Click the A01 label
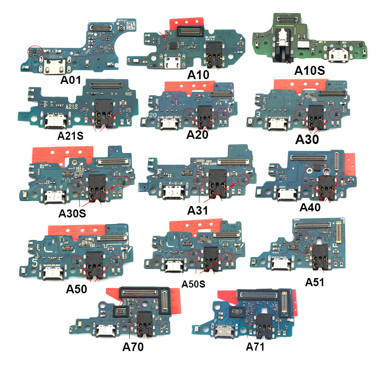72,80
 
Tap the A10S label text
309,71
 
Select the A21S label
71,136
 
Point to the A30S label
72,213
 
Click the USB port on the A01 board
50,71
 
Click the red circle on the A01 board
35,50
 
